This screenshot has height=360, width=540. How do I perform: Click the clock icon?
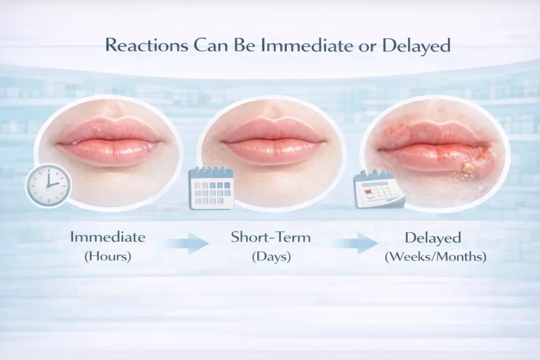click(49, 184)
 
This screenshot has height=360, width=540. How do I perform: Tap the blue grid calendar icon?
click(211, 188)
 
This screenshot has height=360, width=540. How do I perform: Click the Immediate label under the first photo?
click(108, 237)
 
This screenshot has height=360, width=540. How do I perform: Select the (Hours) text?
click(108, 257)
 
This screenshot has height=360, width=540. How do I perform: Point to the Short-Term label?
click(271, 237)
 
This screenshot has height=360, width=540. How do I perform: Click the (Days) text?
click(271, 257)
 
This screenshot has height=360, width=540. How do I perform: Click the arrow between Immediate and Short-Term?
click(187, 244)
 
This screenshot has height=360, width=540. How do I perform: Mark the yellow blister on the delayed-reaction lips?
click(467, 168)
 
